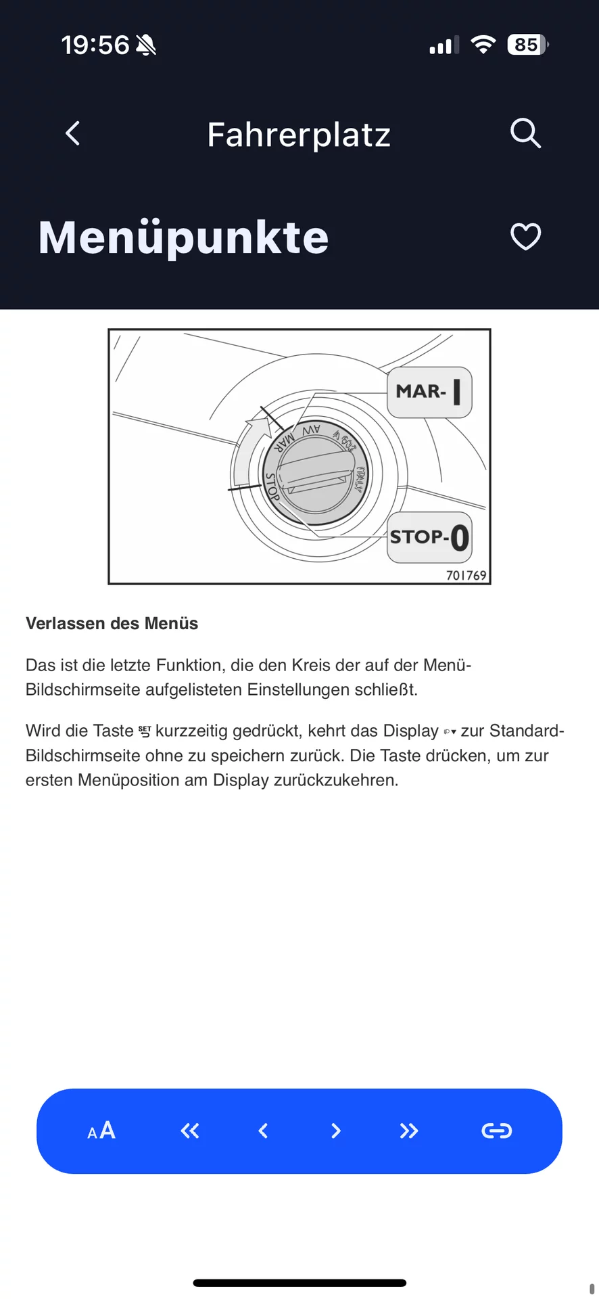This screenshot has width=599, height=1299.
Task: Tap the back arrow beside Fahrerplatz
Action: point(73,133)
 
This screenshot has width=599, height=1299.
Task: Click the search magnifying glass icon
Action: point(525,133)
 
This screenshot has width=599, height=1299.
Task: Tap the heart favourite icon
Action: point(525,237)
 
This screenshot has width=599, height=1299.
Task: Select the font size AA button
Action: point(101,1131)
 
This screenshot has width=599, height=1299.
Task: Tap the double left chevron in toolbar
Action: point(190,1131)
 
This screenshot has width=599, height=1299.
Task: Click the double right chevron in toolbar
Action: point(408,1131)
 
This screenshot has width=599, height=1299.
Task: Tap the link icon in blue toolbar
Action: point(496,1131)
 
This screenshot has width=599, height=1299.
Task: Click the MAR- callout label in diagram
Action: point(429,392)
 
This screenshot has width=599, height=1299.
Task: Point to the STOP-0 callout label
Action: point(429,538)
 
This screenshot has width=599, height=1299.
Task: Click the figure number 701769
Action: point(466,576)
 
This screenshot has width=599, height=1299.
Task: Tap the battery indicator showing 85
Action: point(527,45)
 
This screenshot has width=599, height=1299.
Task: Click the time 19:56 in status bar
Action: point(95,45)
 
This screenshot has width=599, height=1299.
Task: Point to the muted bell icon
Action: point(146,45)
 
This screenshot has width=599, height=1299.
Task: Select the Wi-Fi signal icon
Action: point(483,45)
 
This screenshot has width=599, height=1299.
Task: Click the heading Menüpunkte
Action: point(184,237)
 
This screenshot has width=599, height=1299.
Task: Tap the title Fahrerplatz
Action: point(299,135)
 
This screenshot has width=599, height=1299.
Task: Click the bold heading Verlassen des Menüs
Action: point(112,623)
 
